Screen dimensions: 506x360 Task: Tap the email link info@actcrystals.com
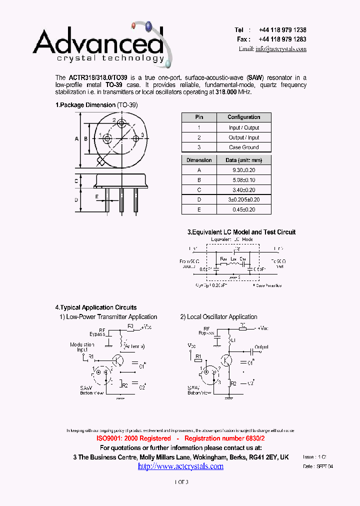click(x=280, y=48)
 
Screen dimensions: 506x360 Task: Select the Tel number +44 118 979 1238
click(x=282, y=30)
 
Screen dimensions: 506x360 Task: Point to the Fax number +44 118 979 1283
click(x=282, y=39)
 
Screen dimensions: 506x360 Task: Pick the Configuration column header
click(x=243, y=117)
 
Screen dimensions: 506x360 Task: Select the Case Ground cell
click(x=243, y=147)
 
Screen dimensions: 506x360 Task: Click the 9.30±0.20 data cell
click(x=243, y=170)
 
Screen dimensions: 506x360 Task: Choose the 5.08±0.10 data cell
click(x=243, y=180)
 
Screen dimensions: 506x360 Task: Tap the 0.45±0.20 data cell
click(x=243, y=209)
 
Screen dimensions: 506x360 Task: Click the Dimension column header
click(x=199, y=160)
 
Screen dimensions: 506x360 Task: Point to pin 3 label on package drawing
click(x=142, y=135)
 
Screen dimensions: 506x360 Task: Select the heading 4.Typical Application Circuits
click(x=95, y=307)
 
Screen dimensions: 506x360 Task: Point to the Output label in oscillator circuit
click(x=261, y=346)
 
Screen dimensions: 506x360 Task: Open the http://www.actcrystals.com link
click(x=180, y=466)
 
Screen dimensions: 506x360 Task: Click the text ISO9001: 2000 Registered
click(x=133, y=438)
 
